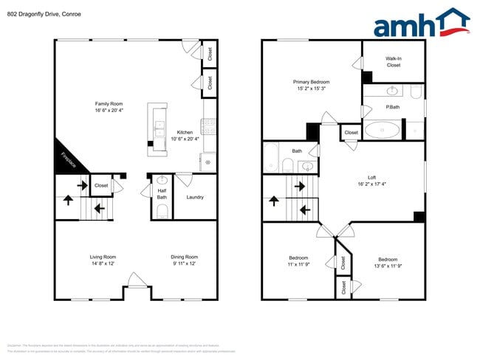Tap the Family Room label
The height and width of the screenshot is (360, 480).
point(108,107)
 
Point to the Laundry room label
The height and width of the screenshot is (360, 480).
point(195,197)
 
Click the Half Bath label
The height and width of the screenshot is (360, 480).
point(162,194)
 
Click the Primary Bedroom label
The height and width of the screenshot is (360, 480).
point(311,85)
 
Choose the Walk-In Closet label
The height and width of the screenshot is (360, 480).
point(393,61)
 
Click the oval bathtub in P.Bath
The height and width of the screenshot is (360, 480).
point(384,131)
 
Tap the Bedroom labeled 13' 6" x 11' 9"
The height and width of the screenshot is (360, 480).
point(388,263)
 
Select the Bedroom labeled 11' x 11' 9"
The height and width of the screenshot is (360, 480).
point(298,263)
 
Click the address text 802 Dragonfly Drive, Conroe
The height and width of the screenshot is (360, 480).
point(41,13)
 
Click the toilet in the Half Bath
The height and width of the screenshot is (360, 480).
point(162,212)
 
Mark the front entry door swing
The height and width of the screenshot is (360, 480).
point(135,280)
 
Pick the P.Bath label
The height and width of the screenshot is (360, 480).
point(392,108)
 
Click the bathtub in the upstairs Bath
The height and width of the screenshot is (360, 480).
point(270,157)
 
